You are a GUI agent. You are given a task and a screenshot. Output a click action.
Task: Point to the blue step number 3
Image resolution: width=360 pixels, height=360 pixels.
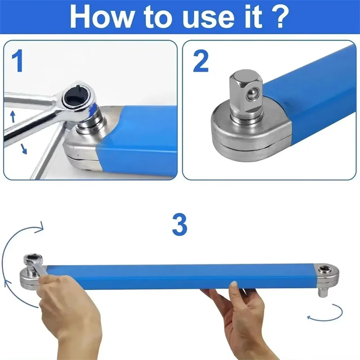[179, 225]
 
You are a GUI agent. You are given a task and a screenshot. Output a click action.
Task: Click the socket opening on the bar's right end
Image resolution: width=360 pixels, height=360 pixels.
[323, 271]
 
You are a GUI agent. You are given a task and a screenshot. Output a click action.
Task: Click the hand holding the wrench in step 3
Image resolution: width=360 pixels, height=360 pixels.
[67, 306]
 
